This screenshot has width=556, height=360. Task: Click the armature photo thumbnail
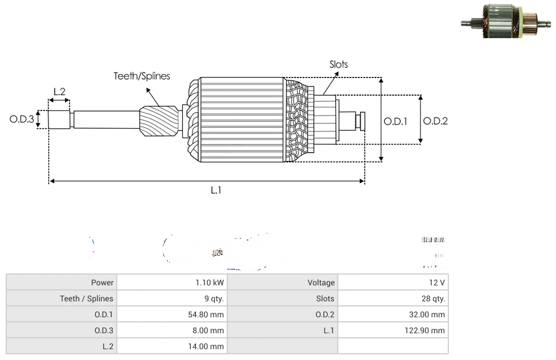[506, 22]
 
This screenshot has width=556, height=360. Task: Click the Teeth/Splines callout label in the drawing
[141, 76]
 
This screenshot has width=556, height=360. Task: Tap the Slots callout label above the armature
[338, 64]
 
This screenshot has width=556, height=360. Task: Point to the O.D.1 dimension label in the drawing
[395, 121]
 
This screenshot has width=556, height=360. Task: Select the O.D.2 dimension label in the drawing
[435, 121]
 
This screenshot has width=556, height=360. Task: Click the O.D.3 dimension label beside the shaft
[22, 120]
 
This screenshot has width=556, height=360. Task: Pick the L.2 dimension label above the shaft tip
[59, 91]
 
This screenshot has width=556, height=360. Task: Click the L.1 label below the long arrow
[216, 191]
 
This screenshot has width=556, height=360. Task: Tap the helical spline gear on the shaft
[160, 124]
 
